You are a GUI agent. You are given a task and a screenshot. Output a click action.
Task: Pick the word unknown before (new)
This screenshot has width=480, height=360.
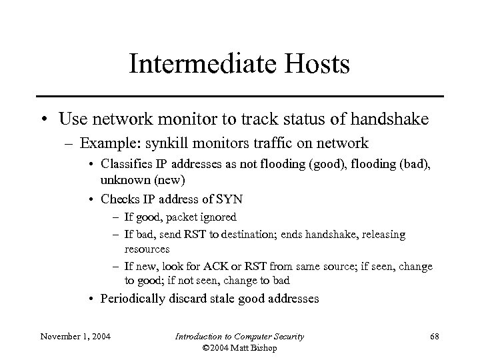[x=121, y=180]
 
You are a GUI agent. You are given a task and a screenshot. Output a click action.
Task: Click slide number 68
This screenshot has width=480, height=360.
[x=434, y=337]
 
